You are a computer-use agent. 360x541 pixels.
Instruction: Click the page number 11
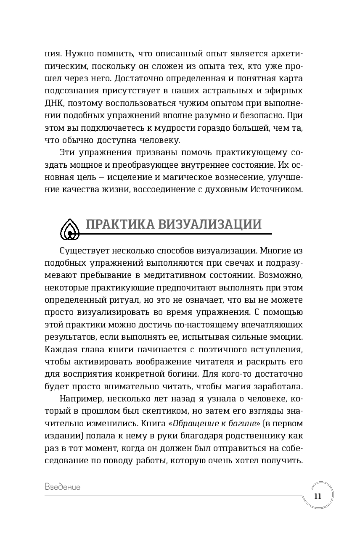point(318,496)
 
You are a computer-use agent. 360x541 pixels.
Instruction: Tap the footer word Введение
point(62,487)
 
